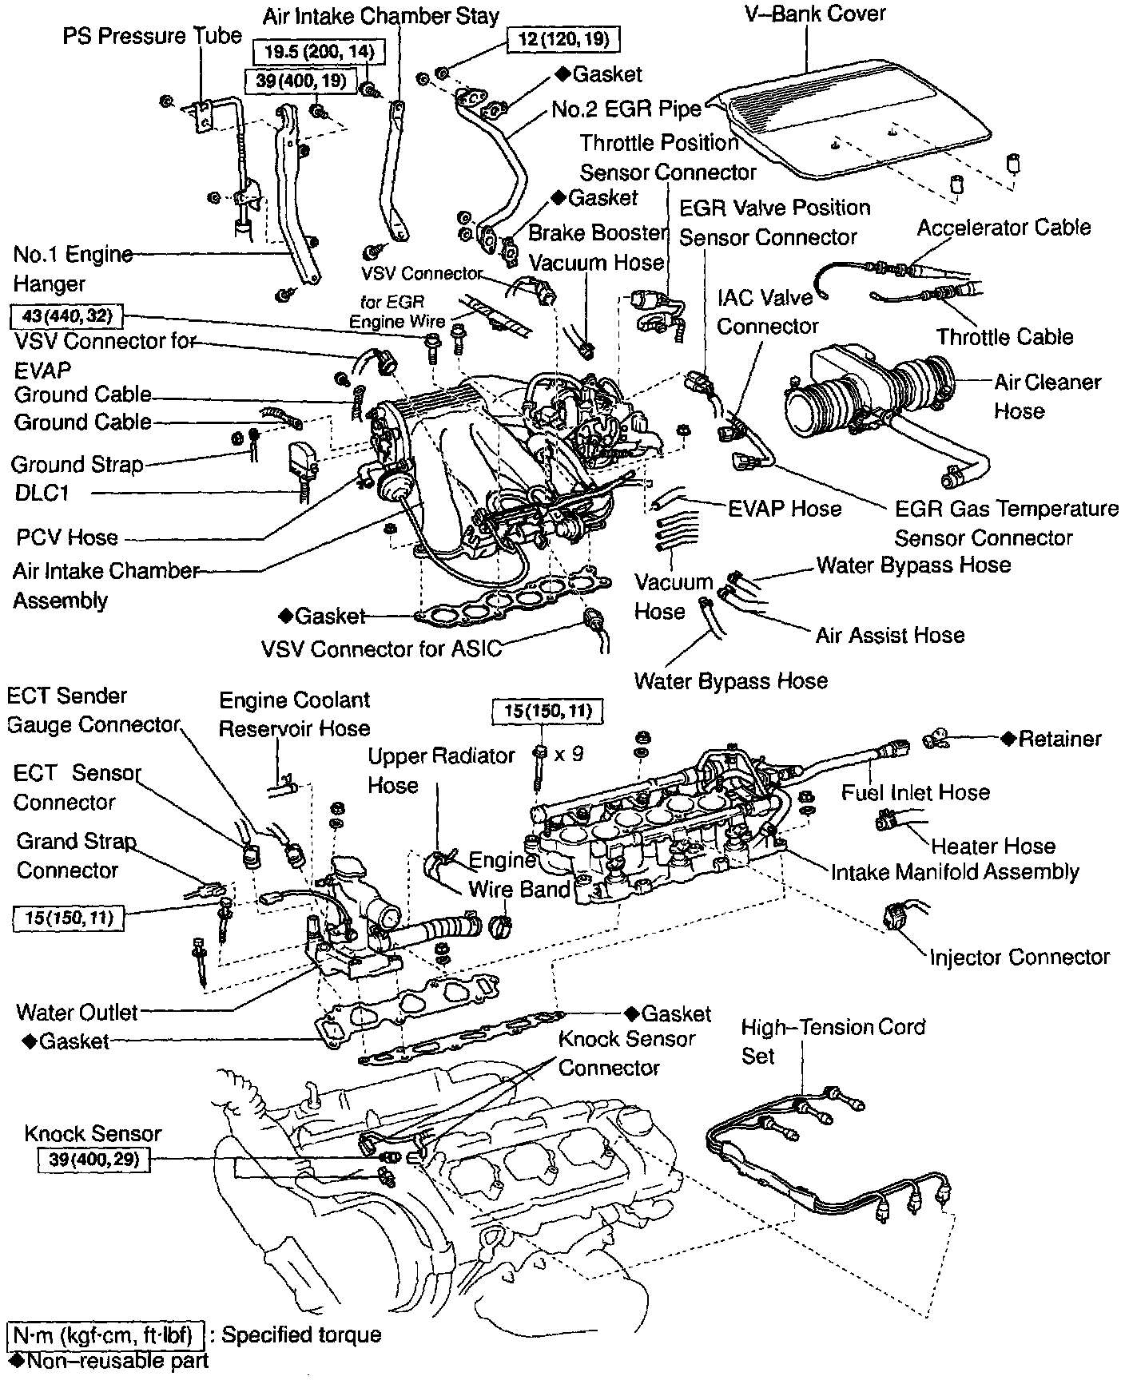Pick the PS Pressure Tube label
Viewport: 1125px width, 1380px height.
(x=152, y=36)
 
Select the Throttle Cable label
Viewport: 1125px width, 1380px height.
(x=1004, y=337)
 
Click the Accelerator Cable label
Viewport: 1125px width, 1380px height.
(x=1004, y=228)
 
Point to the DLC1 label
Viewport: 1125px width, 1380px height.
(x=42, y=493)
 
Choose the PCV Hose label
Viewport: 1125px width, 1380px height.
(x=67, y=537)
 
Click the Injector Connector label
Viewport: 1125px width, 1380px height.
(x=1020, y=957)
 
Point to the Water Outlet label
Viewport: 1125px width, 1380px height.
(x=77, y=1013)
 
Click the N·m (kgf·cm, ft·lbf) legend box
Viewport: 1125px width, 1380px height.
(x=106, y=1334)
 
